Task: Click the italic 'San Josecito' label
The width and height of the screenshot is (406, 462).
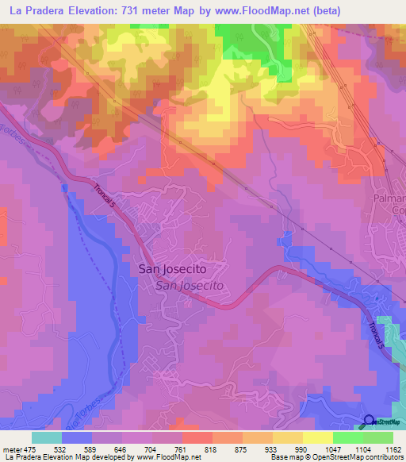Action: [190, 285]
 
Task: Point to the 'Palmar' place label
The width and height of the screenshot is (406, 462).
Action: [389, 197]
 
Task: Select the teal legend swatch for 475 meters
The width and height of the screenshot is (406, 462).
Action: [47, 437]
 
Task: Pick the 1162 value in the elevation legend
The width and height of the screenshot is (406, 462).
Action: [391, 449]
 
